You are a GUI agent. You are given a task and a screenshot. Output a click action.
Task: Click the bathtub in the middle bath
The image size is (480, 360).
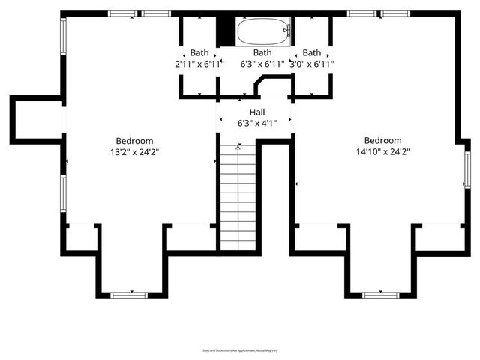[263, 33]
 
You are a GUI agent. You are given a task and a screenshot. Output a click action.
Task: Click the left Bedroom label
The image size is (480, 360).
[134, 141]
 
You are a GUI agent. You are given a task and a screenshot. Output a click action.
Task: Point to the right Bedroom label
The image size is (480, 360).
[382, 140]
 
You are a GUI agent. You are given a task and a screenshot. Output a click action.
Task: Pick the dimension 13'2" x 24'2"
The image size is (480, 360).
[134, 151]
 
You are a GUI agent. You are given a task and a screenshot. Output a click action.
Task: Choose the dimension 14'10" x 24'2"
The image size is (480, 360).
[382, 151]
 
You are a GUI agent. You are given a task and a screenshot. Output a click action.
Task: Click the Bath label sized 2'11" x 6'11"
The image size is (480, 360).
[199, 53]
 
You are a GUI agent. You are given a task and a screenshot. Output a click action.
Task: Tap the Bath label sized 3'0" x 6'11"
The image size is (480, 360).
[311, 53]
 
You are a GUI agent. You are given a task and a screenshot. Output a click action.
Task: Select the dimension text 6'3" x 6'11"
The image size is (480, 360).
[262, 64]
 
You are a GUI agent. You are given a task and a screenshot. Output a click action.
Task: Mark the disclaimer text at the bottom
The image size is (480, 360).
[240, 349]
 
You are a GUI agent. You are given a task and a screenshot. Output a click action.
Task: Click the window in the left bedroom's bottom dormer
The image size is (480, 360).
[129, 295]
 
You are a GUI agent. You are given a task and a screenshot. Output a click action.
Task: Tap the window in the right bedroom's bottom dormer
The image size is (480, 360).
[380, 295]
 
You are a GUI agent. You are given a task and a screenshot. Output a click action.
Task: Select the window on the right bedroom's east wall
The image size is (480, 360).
[466, 170]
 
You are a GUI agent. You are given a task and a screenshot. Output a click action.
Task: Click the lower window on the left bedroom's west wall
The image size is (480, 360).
[63, 193]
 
